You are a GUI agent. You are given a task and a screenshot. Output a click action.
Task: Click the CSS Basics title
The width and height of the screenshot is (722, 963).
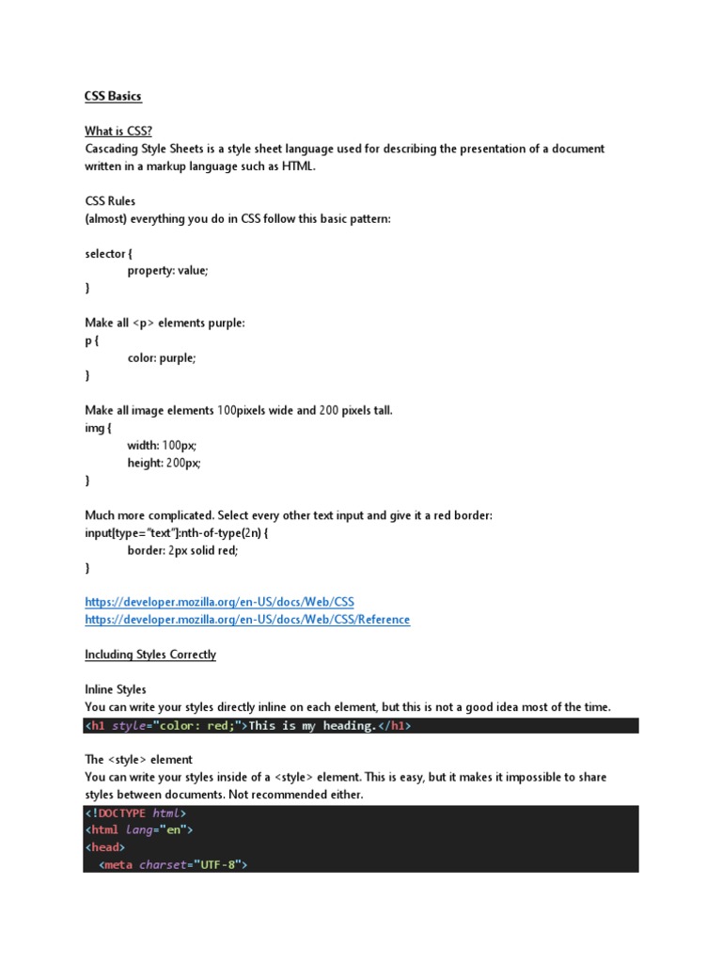point(113,96)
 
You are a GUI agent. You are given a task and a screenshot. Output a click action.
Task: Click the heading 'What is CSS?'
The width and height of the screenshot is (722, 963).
point(118,131)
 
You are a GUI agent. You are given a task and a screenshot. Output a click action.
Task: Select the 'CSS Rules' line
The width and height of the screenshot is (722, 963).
point(110,201)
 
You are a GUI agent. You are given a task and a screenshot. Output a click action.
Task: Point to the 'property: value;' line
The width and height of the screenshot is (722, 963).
point(168,271)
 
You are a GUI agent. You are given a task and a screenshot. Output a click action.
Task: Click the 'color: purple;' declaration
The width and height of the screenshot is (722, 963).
point(162,358)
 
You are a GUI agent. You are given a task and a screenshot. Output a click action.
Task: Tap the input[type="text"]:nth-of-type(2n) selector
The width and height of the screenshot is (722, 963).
point(173,533)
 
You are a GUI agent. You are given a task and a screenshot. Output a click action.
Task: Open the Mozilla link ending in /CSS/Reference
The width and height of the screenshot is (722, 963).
point(247,620)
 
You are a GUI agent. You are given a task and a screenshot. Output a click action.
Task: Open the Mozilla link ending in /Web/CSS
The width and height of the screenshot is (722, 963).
point(219,602)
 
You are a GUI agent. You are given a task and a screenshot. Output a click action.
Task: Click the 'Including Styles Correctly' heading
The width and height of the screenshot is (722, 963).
point(150,655)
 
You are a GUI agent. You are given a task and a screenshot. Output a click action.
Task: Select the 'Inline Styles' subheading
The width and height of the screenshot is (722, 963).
point(116,689)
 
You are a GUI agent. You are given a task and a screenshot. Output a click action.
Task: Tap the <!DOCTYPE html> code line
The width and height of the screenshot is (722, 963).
point(136,813)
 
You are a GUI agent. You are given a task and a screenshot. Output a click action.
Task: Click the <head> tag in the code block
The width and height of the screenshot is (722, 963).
point(104,847)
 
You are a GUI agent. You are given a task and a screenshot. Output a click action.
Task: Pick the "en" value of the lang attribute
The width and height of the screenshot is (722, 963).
point(174,830)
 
